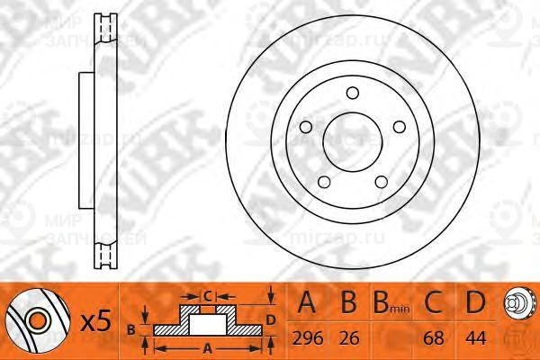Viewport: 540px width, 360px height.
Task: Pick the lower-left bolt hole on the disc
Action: (x=324, y=181)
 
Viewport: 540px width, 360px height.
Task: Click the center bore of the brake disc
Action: (x=354, y=139)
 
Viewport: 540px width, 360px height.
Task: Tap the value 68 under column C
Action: (x=434, y=338)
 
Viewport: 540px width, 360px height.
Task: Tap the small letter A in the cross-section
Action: (x=209, y=346)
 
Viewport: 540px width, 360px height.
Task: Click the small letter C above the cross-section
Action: (x=206, y=295)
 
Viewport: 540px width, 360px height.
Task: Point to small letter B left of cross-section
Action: (x=133, y=328)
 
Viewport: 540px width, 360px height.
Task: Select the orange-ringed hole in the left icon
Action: (x=37, y=318)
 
